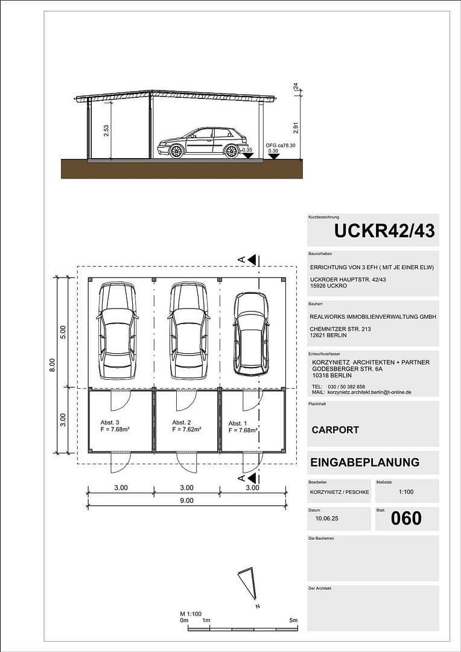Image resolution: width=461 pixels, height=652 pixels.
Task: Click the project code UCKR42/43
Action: (x=384, y=231)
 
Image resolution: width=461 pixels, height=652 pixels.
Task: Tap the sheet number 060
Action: (x=406, y=518)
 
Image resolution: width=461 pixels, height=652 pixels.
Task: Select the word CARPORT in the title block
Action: (x=335, y=430)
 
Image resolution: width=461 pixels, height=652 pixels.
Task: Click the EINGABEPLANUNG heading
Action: (x=364, y=462)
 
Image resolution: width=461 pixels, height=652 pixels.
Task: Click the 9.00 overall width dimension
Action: (x=186, y=500)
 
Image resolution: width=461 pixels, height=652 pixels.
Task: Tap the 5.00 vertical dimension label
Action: (x=63, y=331)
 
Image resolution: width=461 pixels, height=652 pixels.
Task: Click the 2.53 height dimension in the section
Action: (x=106, y=131)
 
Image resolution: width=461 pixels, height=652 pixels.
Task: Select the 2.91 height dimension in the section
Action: (x=296, y=127)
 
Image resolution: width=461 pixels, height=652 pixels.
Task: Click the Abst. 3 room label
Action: (x=110, y=422)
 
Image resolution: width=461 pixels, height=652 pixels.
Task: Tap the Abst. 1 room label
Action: (x=238, y=424)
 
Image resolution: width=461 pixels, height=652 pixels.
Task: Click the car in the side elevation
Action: (x=202, y=143)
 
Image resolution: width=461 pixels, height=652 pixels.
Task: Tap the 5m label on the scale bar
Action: (x=293, y=620)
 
